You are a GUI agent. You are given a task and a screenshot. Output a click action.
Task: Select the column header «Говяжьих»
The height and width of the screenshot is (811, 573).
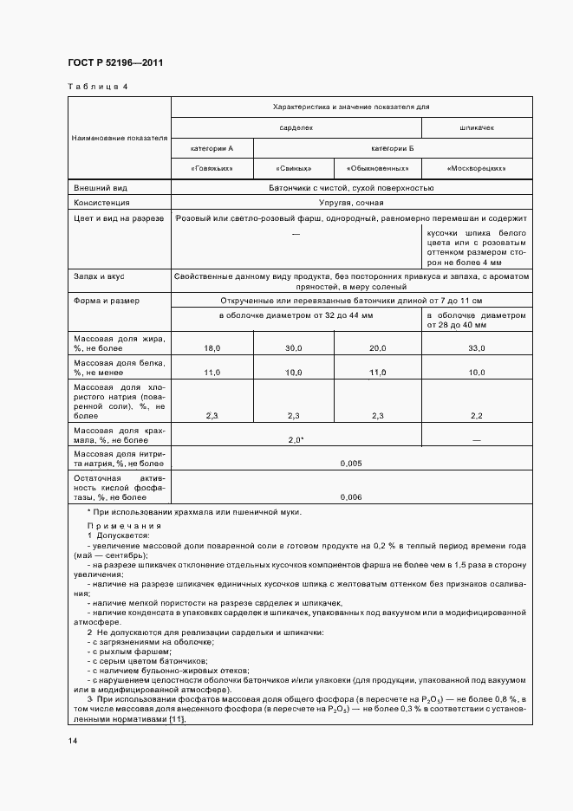[212, 168]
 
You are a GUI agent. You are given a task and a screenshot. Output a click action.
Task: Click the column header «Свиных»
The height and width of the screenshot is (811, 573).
[293, 168]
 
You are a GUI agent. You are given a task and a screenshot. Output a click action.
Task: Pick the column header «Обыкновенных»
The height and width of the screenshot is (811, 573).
[377, 168]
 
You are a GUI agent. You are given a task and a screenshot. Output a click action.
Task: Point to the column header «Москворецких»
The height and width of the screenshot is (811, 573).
[476, 168]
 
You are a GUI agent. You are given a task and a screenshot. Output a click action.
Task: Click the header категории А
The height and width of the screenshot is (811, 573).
[212, 148]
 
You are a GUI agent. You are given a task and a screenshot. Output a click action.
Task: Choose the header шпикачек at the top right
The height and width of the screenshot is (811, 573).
[476, 127]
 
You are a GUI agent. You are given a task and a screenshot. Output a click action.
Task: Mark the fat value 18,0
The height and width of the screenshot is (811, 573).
[212, 347]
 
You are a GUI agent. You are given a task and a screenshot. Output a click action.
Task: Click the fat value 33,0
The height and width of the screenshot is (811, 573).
[476, 347]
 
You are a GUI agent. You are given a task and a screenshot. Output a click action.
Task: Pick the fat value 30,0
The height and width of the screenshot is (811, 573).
[293, 347]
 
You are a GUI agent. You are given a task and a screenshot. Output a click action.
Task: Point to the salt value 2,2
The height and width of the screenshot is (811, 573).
[476, 416]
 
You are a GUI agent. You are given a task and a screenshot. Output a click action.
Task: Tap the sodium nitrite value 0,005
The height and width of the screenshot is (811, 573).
[351, 464]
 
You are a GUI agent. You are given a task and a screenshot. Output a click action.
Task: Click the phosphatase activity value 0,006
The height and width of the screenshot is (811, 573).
[351, 497]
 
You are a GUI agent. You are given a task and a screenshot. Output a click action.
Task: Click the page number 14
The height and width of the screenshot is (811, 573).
[73, 741]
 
